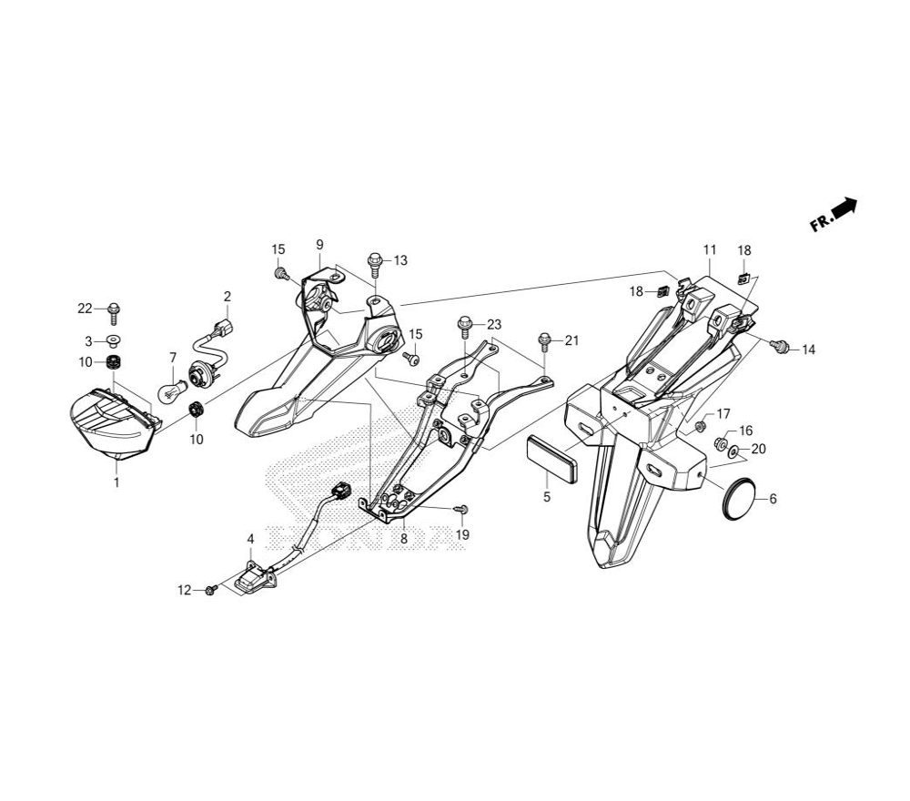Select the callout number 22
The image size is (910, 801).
(x=85, y=309)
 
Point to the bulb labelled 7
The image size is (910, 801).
(x=168, y=392)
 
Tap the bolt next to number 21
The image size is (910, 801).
(x=545, y=341)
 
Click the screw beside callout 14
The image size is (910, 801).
(x=780, y=346)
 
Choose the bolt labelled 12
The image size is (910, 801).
(x=210, y=590)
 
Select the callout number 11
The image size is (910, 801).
(x=710, y=249)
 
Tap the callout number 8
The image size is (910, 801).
(x=404, y=538)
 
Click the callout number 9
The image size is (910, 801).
(x=319, y=244)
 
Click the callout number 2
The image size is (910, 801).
(x=227, y=297)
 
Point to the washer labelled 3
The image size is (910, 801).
(x=114, y=341)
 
